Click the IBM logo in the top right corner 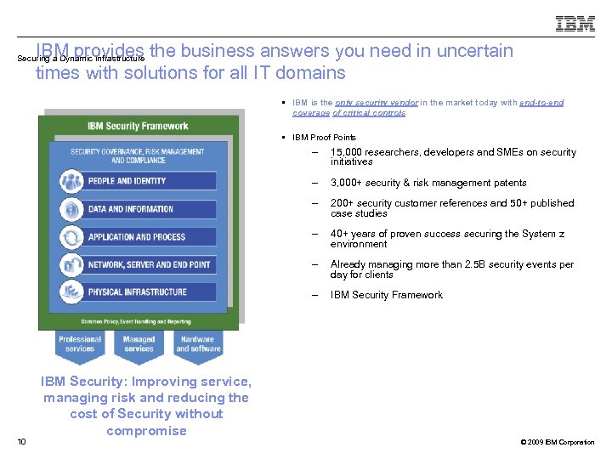[575, 25]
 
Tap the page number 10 [21, 441]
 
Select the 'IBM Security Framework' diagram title [138, 126]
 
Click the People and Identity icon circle [71, 181]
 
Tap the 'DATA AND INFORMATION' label [130, 209]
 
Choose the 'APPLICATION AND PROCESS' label [136, 237]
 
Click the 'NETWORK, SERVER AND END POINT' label [149, 264]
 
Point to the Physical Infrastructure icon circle [71, 292]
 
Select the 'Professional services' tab [80, 343]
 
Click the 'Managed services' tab [139, 343]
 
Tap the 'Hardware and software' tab [198, 343]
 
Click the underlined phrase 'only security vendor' [382, 103]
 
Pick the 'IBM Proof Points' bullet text [324, 137]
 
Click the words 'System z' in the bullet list [546, 234]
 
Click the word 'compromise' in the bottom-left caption [146, 431]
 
